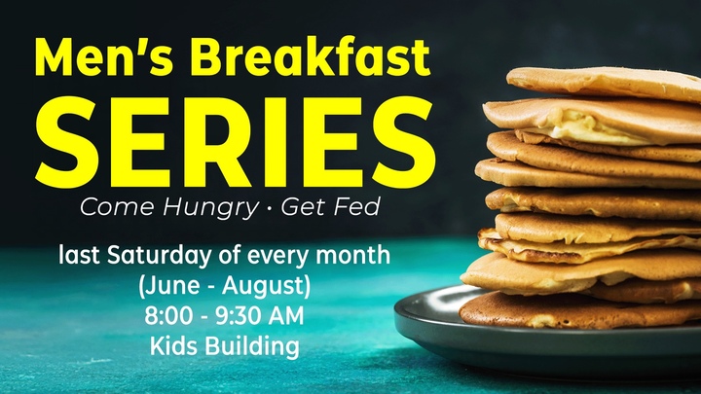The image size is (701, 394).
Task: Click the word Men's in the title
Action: point(103,56)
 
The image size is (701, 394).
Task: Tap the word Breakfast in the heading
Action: point(310,55)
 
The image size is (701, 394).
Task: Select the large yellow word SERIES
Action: point(236,141)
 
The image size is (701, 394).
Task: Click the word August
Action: point(264,286)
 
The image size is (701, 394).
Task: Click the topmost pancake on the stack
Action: point(604,84)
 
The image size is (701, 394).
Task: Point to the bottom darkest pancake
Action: point(576,310)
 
